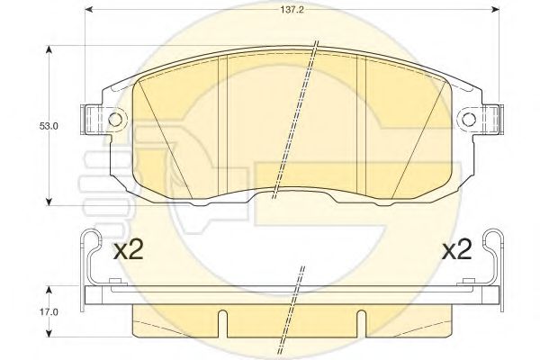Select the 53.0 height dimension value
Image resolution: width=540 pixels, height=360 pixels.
click(x=49, y=126)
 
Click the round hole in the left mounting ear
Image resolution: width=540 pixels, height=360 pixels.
click(x=115, y=120)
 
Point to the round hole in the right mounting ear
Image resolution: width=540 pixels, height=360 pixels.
click(x=469, y=120)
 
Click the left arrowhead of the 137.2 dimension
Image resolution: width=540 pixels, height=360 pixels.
click(x=89, y=10)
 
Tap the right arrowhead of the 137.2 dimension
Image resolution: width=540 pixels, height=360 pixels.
click(x=495, y=10)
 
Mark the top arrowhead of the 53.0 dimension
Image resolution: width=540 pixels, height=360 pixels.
click(x=49, y=49)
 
